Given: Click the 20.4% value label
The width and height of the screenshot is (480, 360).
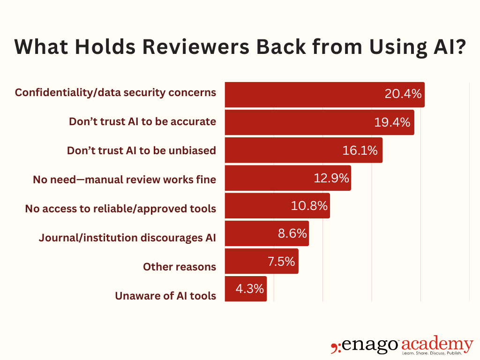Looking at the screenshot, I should click(403, 94).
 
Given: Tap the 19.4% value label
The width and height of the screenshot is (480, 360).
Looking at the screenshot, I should click(392, 122).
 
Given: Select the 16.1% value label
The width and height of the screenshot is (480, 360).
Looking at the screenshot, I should click(360, 150).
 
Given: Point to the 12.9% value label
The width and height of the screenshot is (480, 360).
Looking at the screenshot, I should click(331, 178).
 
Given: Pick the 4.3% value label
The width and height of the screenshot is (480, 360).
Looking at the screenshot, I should click(250, 289).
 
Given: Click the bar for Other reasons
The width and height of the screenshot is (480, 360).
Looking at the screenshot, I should click(262, 261).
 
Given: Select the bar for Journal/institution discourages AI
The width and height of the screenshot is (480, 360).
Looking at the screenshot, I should click(267, 233).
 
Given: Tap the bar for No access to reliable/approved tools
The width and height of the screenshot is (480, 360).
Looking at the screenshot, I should click(277, 206).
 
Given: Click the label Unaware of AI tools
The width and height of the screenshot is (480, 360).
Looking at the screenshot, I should click(165, 296).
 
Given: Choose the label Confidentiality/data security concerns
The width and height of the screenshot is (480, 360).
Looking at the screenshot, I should click(115, 92).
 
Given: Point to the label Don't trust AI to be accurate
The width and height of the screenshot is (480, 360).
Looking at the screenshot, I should click(142, 121).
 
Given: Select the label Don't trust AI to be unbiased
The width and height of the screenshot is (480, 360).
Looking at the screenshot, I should click(142, 150).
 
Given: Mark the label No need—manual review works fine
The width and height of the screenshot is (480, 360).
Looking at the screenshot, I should click(124, 180).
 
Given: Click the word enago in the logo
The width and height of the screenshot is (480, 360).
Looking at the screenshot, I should click(370, 345).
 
